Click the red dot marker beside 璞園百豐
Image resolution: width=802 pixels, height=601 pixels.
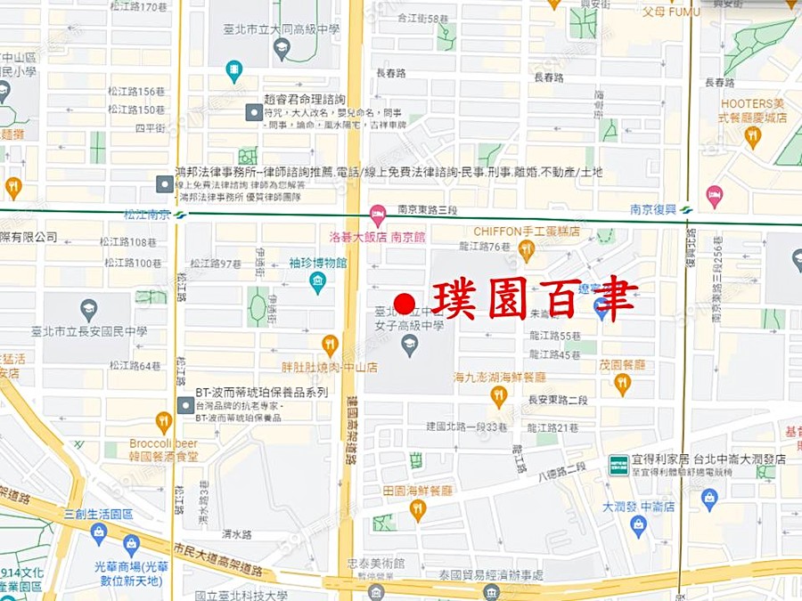coord(405,304)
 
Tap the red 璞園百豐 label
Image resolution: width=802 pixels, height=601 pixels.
coord(535,301)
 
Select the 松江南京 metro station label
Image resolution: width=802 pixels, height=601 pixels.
coord(148,214)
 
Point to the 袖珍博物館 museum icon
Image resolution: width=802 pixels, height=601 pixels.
coord(317,283)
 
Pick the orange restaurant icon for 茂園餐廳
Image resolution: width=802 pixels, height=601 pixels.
coord(622,384)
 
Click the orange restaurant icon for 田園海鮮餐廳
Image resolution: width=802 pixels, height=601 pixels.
coord(417,510)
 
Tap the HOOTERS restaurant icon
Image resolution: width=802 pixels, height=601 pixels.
coord(753,136)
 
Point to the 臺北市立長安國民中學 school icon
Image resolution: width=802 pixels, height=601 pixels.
coord(88,310)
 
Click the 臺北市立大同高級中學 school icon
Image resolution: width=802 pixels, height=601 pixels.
coord(282,47)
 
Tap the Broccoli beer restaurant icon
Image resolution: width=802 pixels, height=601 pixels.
coord(163,421)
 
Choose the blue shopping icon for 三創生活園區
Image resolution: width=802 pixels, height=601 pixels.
coord(99,533)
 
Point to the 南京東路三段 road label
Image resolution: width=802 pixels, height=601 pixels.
coord(428,209)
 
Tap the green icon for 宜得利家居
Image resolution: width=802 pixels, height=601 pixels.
coord(618,464)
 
